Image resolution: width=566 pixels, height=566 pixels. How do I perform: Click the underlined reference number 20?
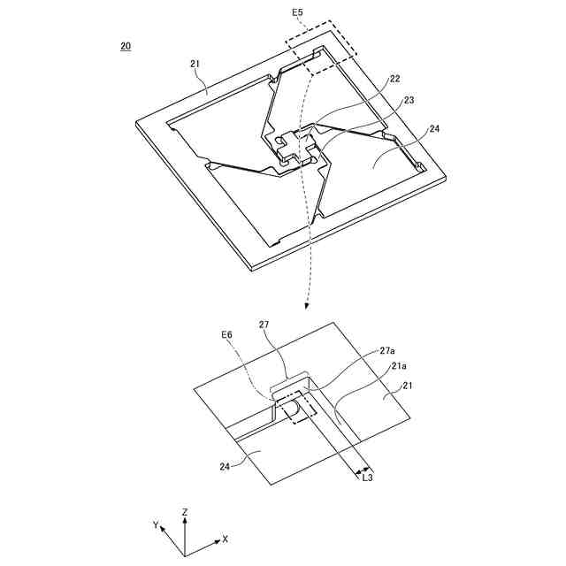(126, 46)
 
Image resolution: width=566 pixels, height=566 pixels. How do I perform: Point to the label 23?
(408, 102)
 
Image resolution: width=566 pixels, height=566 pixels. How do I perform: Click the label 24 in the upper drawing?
(434, 129)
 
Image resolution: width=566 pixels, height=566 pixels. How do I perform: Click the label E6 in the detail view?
(227, 335)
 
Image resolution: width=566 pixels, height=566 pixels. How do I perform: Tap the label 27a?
(387, 351)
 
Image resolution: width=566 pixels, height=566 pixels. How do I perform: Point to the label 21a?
(400, 365)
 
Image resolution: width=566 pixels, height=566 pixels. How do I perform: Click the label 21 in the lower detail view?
(409, 386)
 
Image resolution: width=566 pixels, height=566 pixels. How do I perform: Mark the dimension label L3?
(366, 478)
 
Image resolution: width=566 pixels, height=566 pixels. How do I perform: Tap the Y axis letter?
(156, 525)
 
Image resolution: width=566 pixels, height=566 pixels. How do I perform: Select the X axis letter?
(225, 539)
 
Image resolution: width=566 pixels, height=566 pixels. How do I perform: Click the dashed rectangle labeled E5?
(321, 42)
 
